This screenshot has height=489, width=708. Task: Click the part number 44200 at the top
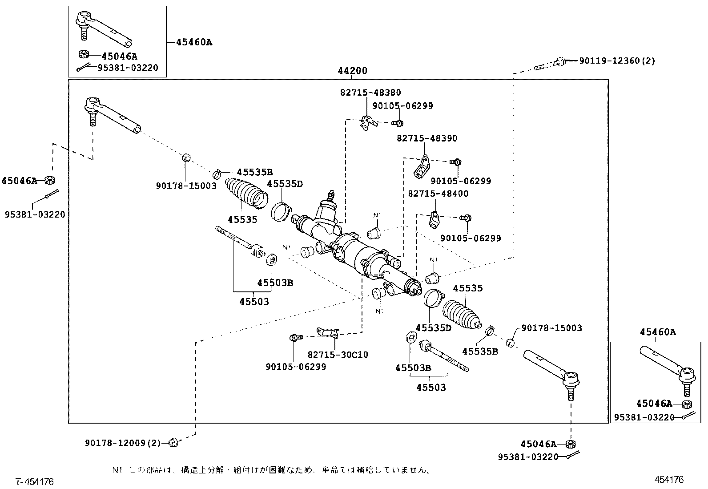352,71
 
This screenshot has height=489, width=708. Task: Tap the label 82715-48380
370,93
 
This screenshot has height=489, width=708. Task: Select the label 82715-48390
427,138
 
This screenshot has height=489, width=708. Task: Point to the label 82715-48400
438,194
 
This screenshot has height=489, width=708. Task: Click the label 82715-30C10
338,355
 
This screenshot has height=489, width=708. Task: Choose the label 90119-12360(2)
617,61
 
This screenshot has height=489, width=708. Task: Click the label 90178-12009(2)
122,443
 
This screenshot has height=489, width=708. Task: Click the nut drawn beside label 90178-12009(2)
173,442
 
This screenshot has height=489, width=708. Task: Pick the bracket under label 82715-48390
422,166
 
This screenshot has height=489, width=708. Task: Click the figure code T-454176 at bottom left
35,482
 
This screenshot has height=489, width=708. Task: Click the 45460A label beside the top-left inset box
194,42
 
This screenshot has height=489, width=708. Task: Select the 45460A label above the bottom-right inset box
658,332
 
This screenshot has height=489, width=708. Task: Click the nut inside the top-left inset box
83,55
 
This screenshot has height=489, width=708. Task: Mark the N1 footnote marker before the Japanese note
117,470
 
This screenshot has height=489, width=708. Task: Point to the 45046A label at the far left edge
19,181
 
